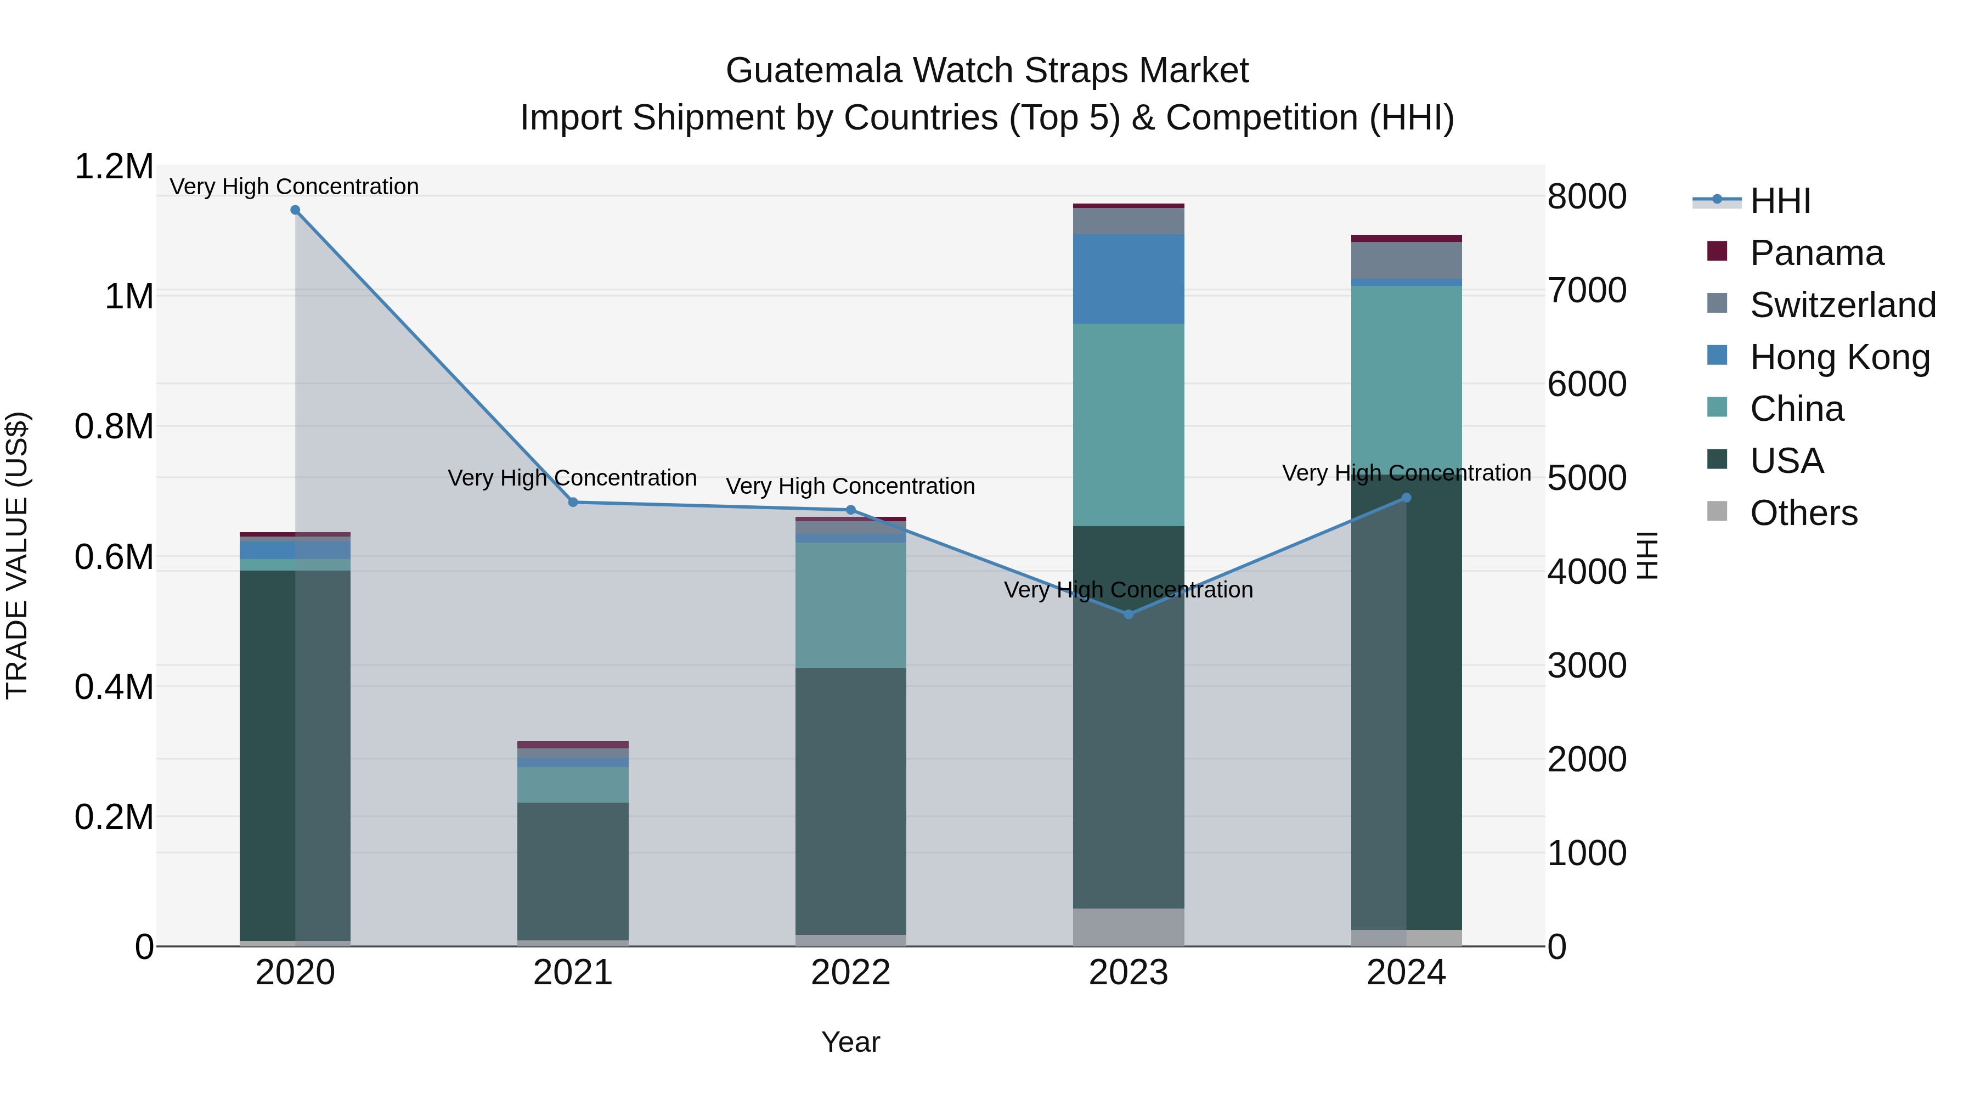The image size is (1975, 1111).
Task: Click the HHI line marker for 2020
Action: (295, 210)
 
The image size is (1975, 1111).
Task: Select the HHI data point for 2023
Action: (1128, 614)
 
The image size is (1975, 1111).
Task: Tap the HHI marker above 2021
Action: (573, 502)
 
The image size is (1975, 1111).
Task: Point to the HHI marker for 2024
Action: (1406, 498)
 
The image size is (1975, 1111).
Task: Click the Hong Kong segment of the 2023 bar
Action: (1128, 279)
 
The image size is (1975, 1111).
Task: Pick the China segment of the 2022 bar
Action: (850, 605)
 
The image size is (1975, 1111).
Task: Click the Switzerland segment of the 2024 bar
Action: (1406, 260)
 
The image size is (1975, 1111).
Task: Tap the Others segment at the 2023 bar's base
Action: (1128, 927)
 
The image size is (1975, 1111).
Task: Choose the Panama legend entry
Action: (1816, 253)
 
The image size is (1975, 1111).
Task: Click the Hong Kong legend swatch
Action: (1717, 356)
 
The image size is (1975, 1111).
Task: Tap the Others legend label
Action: (1803, 513)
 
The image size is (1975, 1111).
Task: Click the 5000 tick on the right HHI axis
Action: (1586, 478)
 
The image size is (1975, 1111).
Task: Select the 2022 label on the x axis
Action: (850, 973)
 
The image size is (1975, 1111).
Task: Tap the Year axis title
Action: (850, 1042)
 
